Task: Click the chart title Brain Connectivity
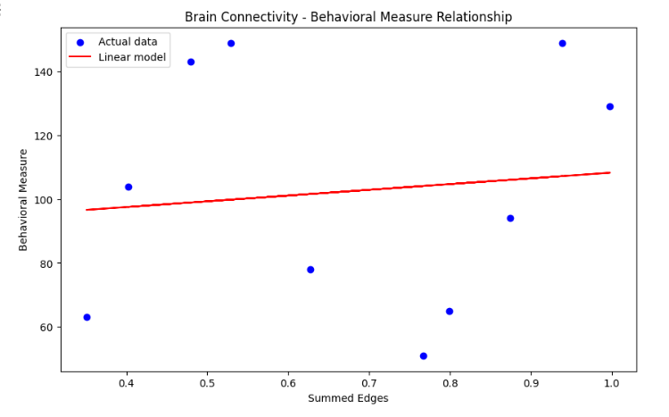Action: pyautogui.click(x=348, y=17)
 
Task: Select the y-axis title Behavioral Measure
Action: pyautogui.click(x=24, y=199)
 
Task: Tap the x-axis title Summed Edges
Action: pyautogui.click(x=348, y=398)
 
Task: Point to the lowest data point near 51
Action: pyautogui.click(x=424, y=355)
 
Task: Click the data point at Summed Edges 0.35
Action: pyautogui.click(x=87, y=317)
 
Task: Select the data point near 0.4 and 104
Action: pyautogui.click(x=128, y=187)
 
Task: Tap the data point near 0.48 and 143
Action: pyautogui.click(x=191, y=62)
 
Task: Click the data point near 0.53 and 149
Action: pyautogui.click(x=231, y=43)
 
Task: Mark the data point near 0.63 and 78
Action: pyautogui.click(x=310, y=270)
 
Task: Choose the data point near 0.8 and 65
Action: pyautogui.click(x=450, y=312)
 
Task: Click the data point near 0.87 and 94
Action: pyautogui.click(x=510, y=218)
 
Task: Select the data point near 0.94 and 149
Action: pyautogui.click(x=562, y=43)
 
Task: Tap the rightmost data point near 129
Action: pyautogui.click(x=610, y=106)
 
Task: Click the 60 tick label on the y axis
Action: pyautogui.click(x=49, y=327)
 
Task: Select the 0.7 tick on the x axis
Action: pyautogui.click(x=369, y=383)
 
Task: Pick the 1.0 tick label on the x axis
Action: pyautogui.click(x=612, y=383)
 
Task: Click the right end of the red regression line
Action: pyautogui.click(x=610, y=172)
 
